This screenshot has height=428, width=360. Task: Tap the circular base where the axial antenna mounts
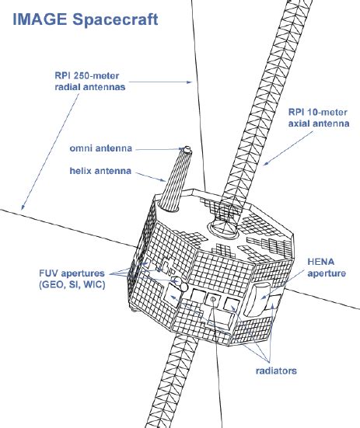(x=223, y=226)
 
